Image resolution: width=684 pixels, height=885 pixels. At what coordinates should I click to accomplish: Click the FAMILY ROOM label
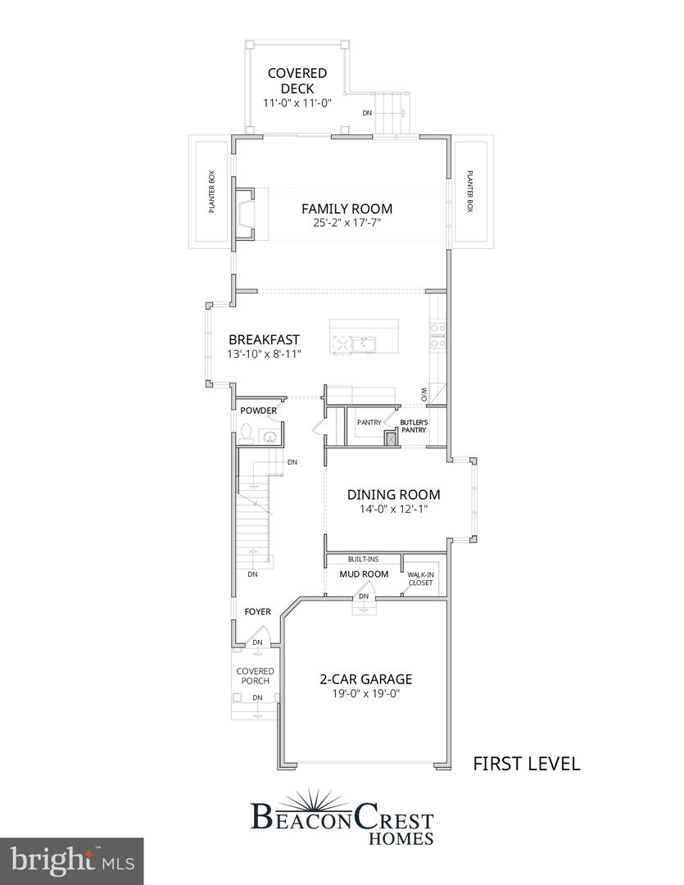(x=347, y=208)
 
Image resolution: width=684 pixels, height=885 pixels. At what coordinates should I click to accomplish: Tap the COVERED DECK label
(x=297, y=81)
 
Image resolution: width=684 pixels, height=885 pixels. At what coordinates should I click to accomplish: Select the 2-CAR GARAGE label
(x=365, y=678)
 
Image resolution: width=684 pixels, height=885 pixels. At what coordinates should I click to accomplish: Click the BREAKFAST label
(x=264, y=339)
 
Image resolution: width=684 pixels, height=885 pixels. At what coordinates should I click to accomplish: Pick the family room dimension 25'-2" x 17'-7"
(x=347, y=223)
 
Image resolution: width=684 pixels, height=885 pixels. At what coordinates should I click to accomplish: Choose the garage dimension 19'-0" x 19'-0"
(x=365, y=694)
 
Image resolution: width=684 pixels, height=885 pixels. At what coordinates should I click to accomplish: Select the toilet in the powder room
(x=246, y=433)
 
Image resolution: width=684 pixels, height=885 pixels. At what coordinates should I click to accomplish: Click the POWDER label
(x=258, y=410)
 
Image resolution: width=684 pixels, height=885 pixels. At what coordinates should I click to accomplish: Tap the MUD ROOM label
(x=364, y=574)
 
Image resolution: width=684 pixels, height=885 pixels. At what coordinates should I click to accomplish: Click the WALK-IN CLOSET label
(x=421, y=579)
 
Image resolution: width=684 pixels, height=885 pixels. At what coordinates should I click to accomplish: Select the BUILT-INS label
(x=363, y=559)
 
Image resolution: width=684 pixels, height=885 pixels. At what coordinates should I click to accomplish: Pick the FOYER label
(x=257, y=611)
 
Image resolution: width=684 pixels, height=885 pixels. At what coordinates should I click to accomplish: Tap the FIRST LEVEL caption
(x=527, y=764)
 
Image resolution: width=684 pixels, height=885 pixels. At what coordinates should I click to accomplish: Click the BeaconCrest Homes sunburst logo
(x=342, y=800)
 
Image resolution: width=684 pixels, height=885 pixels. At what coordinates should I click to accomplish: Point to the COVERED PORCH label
(x=255, y=676)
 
